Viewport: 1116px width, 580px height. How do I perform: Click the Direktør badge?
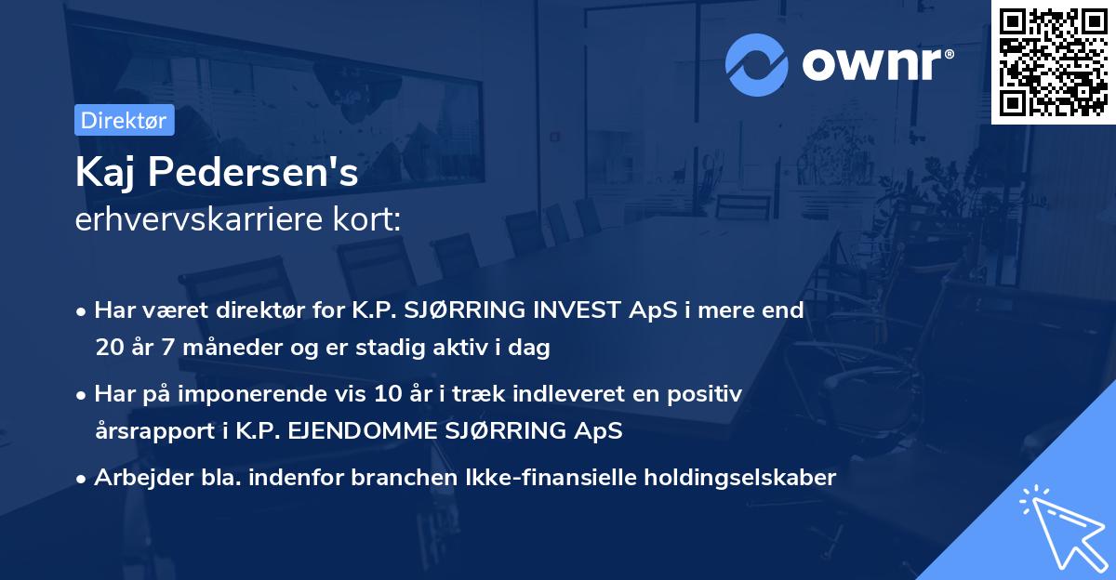tap(124, 120)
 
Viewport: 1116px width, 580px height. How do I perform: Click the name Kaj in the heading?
tap(105, 174)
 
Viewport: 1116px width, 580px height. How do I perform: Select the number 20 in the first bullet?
tap(108, 348)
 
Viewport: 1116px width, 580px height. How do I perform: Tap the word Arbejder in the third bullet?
tap(134, 478)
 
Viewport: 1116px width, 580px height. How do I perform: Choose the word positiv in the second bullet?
tap(710, 394)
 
